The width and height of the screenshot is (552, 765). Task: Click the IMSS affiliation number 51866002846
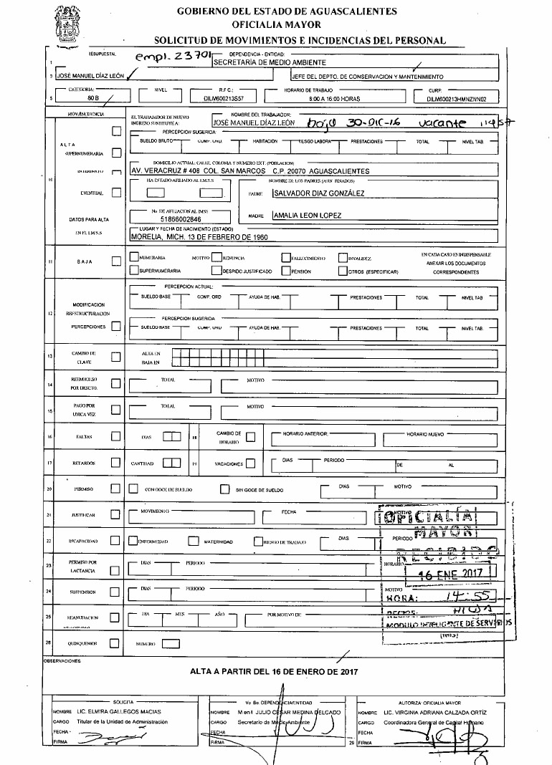tap(181, 220)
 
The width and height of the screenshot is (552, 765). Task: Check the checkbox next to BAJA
tap(116, 261)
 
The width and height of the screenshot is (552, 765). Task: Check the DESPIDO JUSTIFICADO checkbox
tap(216, 271)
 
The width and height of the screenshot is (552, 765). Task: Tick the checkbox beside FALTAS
tap(115, 436)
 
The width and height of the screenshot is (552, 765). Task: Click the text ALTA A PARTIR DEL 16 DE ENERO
tap(273, 672)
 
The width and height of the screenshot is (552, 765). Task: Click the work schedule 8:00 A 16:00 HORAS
tap(334, 100)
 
